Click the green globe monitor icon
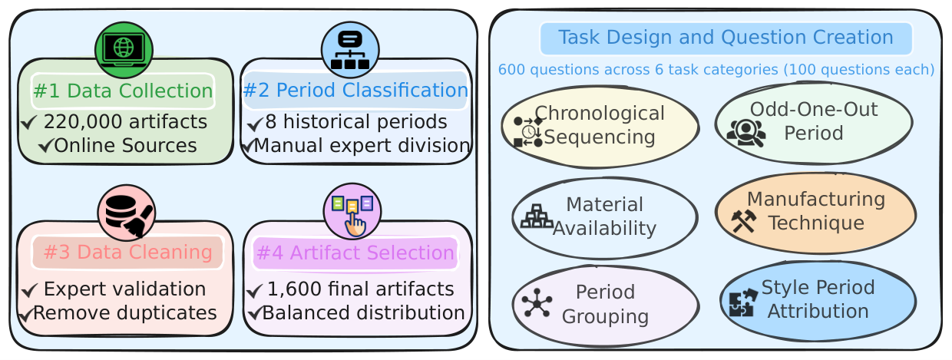point(124,50)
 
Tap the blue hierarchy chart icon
point(350,50)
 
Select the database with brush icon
point(127,213)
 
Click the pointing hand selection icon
point(352,212)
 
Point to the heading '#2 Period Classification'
point(355,90)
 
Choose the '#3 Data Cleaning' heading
point(128,252)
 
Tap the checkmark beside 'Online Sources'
point(45,146)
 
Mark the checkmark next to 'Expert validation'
point(30,290)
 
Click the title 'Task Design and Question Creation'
point(726,38)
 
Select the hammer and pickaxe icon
point(744,221)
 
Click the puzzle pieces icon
point(743,302)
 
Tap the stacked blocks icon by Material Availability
point(537,216)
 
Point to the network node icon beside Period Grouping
point(537,302)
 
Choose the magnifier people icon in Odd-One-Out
point(746,133)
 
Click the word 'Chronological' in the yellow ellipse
point(600,114)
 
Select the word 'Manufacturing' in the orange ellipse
point(816,199)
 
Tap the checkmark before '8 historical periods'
point(255,124)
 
